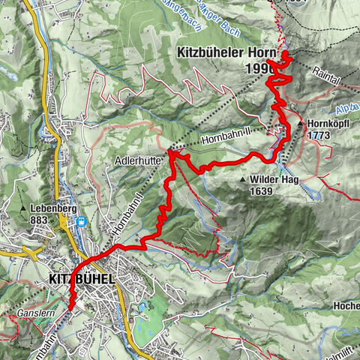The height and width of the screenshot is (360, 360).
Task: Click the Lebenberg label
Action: [x=53, y=209]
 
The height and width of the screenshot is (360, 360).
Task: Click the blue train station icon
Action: [x=80, y=222]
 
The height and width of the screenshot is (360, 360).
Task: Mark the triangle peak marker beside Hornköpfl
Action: [x=301, y=122]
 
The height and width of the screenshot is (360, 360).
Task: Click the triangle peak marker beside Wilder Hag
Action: [x=244, y=180]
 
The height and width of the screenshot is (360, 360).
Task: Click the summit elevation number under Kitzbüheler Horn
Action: [x=256, y=68]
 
